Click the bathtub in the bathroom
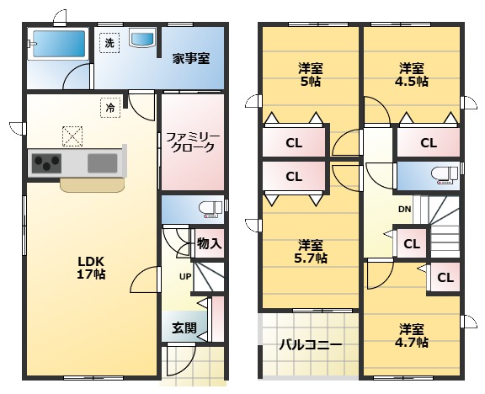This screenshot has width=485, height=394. tap(58, 44)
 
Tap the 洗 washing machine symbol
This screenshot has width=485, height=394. tap(109, 43)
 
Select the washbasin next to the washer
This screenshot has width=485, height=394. tap(142, 38)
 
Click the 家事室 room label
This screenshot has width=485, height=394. tap(191, 58)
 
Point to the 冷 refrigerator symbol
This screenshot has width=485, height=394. tap(110, 108)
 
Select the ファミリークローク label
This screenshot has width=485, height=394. tap(192, 142)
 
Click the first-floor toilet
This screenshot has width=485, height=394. tap(211, 210)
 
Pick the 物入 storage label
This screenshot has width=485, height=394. tap(210, 243)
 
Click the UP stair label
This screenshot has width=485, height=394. tap(185, 276)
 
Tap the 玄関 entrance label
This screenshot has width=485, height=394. tap(184, 328)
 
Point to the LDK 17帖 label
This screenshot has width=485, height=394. tap(91, 268)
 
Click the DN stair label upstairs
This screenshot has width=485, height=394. tap(404, 210)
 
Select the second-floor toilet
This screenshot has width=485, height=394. tap(445, 176)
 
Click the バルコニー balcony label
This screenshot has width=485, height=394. tap(311, 344)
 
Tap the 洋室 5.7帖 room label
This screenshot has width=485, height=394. tap(310, 251)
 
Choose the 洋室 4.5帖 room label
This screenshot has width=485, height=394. tap(412, 75)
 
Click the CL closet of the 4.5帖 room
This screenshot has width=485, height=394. tap(429, 143)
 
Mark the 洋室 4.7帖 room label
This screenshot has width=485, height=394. tap(412, 335)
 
